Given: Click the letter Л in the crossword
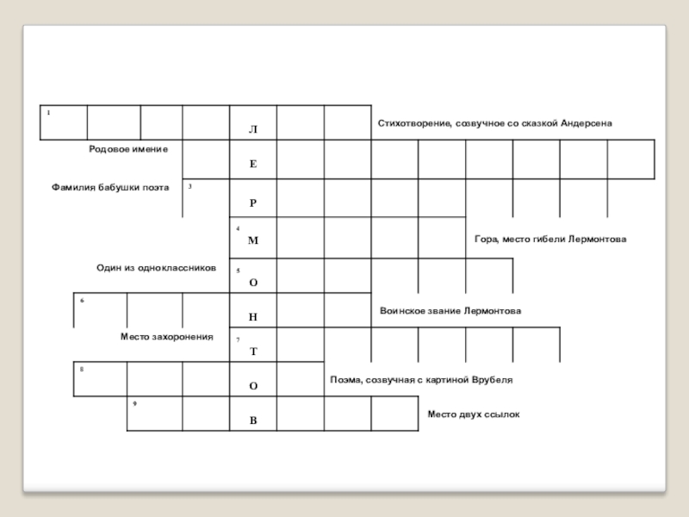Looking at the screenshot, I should (252, 129).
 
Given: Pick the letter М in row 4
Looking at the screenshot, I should (252, 240).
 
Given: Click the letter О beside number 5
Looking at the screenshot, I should (252, 282).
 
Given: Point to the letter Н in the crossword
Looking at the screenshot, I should (252, 317).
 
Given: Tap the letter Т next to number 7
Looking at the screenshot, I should (252, 352).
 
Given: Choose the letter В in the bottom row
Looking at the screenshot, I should (252, 420).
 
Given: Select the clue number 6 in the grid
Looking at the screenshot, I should (82, 301).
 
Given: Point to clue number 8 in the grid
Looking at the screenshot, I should (82, 369).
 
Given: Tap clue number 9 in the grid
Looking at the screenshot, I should (135, 402).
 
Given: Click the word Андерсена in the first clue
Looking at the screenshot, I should (587, 124).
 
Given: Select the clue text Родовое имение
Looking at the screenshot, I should (128, 149).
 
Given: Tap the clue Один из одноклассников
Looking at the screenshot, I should (156, 268).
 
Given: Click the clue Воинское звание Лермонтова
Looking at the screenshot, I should (450, 310).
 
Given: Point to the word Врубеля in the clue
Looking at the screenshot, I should (493, 379).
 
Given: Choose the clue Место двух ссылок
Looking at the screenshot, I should (474, 414).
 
